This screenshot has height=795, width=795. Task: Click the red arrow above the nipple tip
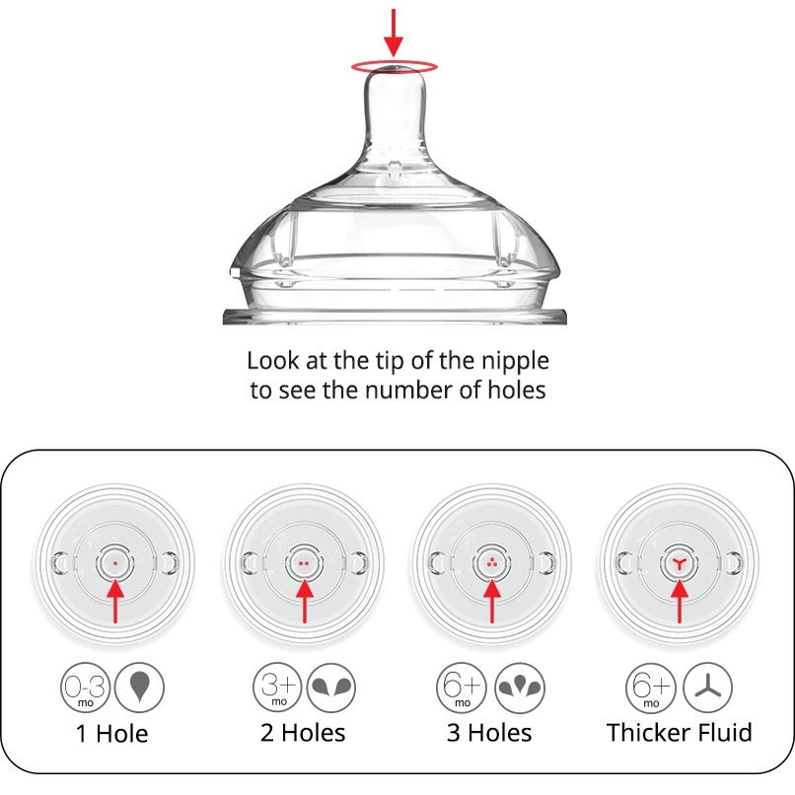pos(394,32)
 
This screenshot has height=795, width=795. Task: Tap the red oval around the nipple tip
pos(395,61)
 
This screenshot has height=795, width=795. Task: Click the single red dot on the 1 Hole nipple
pos(115,563)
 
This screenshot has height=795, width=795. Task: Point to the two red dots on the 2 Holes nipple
pos(304,563)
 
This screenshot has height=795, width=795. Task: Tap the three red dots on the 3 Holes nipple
pos(491,563)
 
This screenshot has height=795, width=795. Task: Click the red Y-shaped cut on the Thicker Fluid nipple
pos(680,563)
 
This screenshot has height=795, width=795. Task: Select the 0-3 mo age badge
pos(85,687)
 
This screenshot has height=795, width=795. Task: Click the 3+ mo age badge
pos(277,687)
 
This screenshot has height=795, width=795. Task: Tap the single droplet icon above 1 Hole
pos(139,687)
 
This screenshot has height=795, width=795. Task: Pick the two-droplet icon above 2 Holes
pos(331,687)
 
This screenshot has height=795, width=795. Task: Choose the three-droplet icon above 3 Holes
pos(520,687)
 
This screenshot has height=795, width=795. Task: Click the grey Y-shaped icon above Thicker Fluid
pos(708,687)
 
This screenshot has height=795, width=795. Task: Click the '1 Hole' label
pos(112,734)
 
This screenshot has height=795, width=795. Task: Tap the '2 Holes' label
pos(303,733)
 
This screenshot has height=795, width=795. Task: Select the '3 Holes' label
pos(490,733)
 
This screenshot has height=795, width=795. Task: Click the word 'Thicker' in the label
pos(648,733)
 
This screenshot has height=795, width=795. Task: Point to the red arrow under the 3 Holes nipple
pos(492,602)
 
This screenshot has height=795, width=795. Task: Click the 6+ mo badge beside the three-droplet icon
pos(462,687)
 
